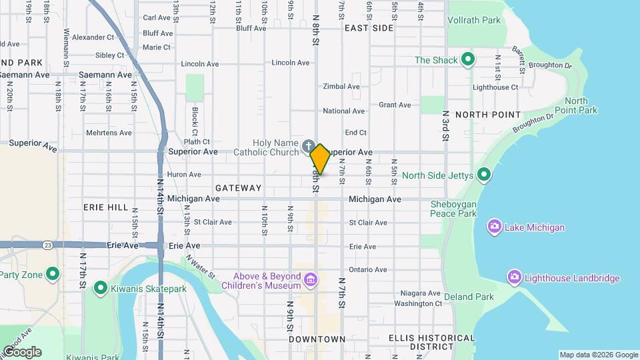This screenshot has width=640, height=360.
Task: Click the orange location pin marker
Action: pos(320,159)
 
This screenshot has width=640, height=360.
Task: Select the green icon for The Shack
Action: pos(468,60)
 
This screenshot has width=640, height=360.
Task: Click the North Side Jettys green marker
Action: pos(484,176)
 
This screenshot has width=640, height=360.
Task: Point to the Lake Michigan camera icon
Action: pos(494,227)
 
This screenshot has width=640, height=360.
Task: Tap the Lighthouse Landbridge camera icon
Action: pos(514,277)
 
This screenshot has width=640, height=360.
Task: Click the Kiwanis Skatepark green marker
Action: pos(101,287)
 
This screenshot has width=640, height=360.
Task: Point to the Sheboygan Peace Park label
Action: pos(453,209)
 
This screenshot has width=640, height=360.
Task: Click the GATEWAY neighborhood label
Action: pos(238,188)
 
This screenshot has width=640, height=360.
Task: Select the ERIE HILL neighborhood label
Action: pos(105,207)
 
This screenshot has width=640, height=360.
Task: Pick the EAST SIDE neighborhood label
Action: pos(369,28)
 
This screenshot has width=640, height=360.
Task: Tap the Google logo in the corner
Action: pos(22,351)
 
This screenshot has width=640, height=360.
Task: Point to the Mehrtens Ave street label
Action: pos(109,133)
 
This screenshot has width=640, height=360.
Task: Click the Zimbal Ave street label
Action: pos(341,87)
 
